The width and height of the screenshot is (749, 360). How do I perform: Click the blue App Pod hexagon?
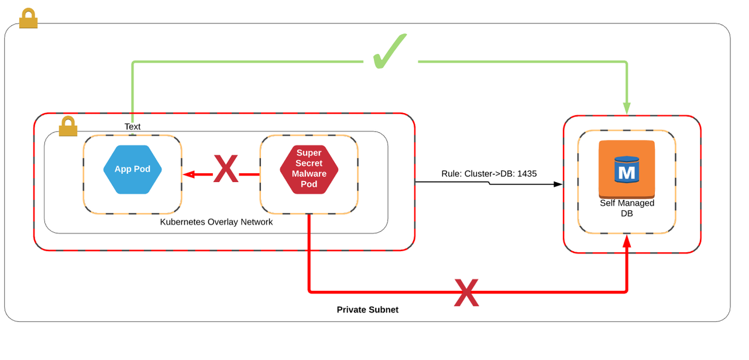coord(132,169)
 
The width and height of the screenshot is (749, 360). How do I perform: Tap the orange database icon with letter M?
coord(626,169)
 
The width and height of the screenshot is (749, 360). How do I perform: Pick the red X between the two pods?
coord(225,170)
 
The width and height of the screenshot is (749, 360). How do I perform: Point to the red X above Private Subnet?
coord(466,292)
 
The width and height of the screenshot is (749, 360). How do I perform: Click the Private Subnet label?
coord(367,310)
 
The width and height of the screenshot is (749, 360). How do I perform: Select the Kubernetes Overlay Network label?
coord(216,222)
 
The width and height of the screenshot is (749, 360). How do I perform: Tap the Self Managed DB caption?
coord(627,208)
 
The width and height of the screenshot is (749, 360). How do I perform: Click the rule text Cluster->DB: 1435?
coord(489,174)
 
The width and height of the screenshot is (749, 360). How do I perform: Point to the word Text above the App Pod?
coord(132,126)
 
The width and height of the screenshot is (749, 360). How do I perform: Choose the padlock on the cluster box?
coord(68,126)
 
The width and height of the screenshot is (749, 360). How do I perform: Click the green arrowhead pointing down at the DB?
coord(627,108)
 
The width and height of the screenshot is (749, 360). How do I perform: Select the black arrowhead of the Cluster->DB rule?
coord(557,184)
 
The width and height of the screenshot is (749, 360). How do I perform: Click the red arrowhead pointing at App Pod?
coord(188,174)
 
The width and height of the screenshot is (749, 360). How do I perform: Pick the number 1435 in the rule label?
coord(527,174)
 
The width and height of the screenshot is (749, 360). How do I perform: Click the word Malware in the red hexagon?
coord(309,174)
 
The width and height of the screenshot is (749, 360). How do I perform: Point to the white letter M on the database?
coord(626,172)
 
